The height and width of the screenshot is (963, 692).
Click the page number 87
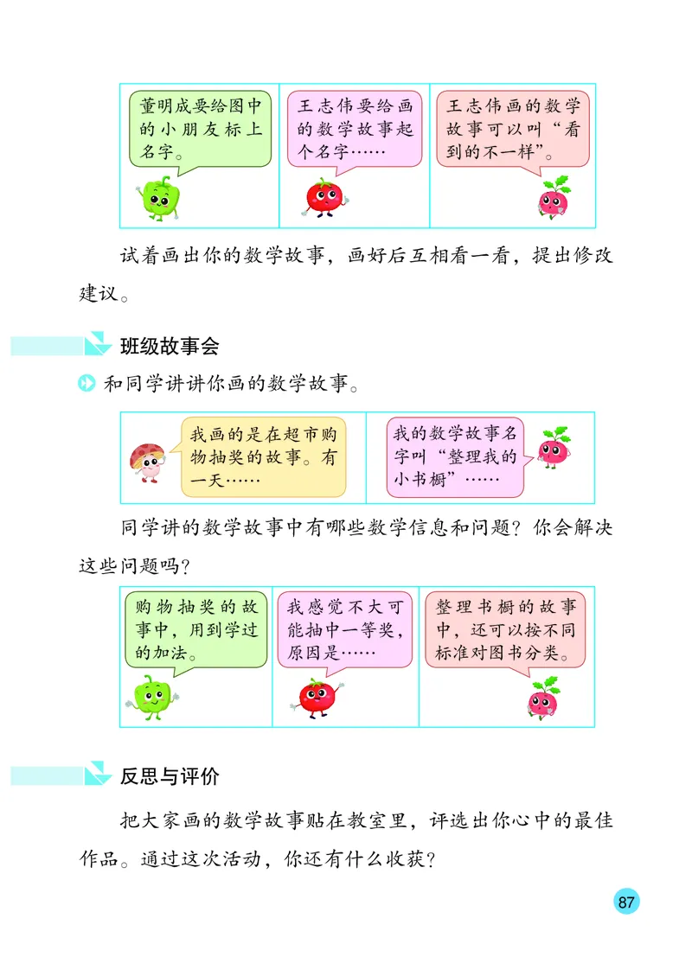point(627,902)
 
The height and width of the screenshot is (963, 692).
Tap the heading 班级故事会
point(169,347)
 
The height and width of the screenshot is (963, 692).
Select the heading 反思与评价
point(169,776)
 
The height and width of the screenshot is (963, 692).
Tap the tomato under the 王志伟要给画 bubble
point(324,197)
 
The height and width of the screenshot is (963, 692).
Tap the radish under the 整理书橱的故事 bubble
point(544,698)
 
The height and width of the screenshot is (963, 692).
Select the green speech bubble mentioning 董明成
point(201,130)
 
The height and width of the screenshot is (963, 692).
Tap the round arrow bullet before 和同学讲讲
point(86,384)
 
